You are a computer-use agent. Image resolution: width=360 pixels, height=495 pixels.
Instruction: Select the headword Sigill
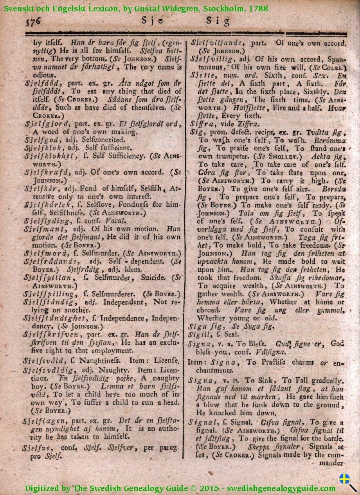pyautogui.click(x=199, y=335)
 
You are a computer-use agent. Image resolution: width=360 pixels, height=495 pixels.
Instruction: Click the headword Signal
pyautogui.click(x=200, y=422)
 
